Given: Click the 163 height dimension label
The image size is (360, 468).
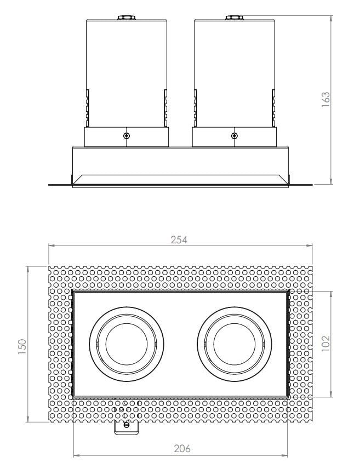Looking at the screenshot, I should point(325,100).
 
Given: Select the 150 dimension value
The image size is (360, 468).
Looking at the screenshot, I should point(22,345).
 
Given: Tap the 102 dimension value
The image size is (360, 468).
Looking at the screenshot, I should point(325,344).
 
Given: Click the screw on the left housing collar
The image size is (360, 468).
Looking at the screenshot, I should point(127,135).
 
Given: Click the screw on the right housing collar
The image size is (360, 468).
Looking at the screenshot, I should point(235,135).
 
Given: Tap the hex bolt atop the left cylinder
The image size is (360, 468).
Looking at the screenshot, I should point(127,18).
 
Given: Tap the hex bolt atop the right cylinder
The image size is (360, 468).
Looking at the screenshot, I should point(235,18).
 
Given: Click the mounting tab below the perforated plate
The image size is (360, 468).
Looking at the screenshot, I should point(126,427).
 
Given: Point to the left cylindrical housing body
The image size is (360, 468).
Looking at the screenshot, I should point(127,71).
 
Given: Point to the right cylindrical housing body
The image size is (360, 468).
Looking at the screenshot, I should point(235,71).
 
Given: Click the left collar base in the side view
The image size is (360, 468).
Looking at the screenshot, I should point(127,138).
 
